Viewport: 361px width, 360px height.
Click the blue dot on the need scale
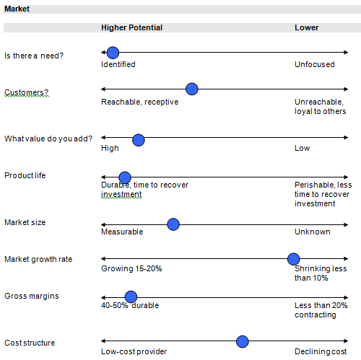[113, 53]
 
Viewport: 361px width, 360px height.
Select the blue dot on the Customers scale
[192, 89]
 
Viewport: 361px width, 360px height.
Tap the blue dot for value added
[139, 140]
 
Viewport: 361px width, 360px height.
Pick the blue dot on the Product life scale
[125, 177]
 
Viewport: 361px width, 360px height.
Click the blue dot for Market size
[173, 224]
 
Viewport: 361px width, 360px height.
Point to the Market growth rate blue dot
[293, 259]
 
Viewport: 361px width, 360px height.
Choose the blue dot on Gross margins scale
[131, 297]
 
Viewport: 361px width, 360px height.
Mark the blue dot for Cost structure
[243, 341]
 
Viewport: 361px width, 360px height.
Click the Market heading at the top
[17, 9]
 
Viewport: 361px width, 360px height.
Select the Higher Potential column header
[131, 27]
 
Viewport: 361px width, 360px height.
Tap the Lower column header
[307, 27]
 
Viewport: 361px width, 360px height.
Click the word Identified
[118, 64]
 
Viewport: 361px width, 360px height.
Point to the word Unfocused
[315, 64]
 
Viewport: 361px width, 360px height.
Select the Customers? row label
[27, 92]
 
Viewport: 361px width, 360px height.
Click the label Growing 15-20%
[131, 268]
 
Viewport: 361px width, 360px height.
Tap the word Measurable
[122, 232]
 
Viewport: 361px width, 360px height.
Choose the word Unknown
[313, 232]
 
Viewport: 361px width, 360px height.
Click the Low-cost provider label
[134, 351]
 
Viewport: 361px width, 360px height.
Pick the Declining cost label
[321, 351]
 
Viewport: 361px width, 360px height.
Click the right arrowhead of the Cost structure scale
[347, 341]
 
